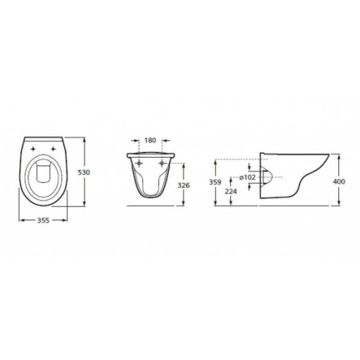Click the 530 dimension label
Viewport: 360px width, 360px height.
(84, 172)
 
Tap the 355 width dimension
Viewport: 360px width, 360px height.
(43, 220)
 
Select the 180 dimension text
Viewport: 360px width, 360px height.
(150, 140)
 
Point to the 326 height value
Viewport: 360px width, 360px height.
(184, 185)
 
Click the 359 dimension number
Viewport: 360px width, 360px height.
(215, 182)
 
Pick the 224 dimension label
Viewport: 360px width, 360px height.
(231, 191)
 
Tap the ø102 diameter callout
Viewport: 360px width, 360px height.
(247, 177)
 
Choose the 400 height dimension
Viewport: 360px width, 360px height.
(339, 182)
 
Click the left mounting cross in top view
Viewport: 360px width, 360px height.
(33, 149)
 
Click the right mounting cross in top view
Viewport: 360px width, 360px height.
(53, 149)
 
